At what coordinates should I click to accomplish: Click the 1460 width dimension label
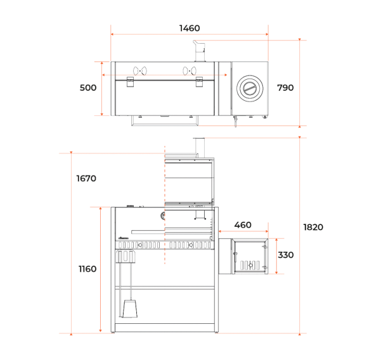tap(189, 29)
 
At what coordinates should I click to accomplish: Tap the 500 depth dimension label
tap(88, 87)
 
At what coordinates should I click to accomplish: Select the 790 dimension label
tap(285, 87)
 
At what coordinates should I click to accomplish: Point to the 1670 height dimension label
tap(86, 179)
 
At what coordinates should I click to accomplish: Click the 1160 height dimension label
tap(87, 269)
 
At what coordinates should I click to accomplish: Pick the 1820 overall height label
tap(313, 228)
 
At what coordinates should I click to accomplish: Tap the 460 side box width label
tap(243, 225)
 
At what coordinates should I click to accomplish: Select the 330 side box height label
tap(286, 255)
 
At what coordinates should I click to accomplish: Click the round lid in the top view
tap(250, 88)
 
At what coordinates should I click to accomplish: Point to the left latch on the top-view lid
tap(131, 82)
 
